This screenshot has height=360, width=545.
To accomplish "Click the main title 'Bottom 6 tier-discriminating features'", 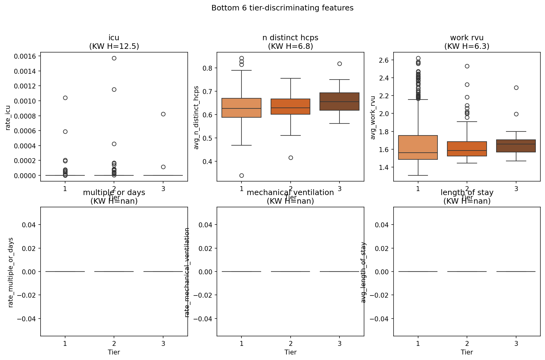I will click(282, 8).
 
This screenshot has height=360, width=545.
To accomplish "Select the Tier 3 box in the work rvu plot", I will click(516, 146).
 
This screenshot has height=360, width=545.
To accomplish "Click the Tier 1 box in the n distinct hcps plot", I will click(241, 108).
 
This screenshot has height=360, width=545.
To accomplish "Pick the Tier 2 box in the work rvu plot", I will click(467, 149).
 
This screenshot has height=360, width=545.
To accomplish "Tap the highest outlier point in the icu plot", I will click(114, 58).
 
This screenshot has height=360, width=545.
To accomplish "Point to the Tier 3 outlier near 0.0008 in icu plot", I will click(163, 114).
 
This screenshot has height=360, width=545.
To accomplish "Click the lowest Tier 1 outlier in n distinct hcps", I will click(241, 175).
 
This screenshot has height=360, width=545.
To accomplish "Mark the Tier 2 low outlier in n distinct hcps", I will click(291, 158).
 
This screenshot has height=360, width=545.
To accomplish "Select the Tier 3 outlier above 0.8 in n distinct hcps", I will click(339, 64).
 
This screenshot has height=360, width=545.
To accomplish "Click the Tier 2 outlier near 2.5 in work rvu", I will click(467, 66).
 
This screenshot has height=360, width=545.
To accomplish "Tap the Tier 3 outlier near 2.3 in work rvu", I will click(516, 88).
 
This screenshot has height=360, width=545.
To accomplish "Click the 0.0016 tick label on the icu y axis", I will click(25, 56).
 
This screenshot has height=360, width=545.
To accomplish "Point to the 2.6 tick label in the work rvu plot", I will click(382, 60).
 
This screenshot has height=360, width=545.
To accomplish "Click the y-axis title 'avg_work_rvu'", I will click(373, 118).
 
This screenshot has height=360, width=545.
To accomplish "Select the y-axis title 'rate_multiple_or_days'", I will click(11, 272).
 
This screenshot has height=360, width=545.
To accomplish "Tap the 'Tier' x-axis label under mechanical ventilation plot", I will click(290, 352).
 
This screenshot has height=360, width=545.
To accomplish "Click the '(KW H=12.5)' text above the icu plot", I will click(114, 46).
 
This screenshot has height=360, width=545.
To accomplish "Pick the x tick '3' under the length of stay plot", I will click(516, 343).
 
